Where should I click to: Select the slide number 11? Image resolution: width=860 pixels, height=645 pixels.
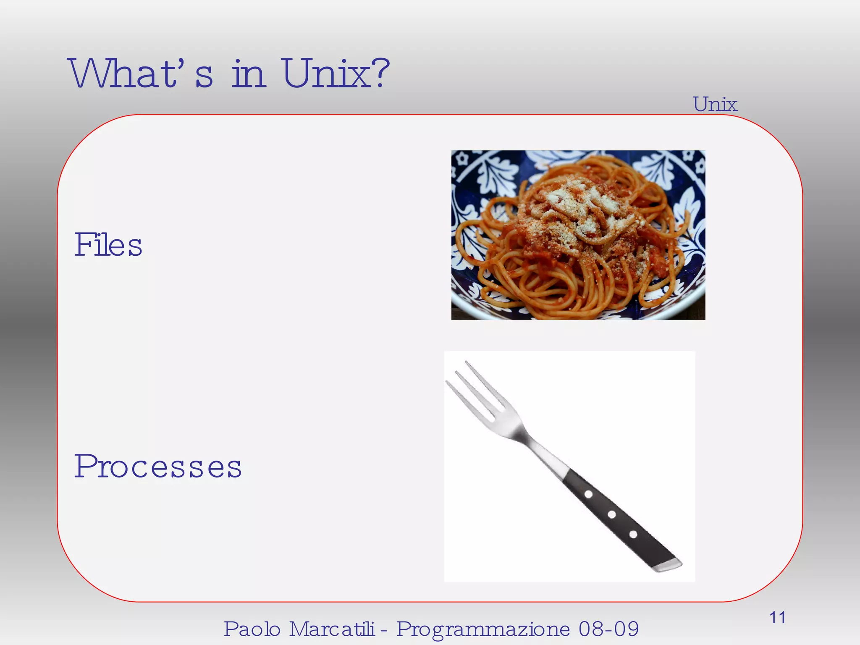point(777,617)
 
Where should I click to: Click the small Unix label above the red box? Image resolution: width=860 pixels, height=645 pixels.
point(715,104)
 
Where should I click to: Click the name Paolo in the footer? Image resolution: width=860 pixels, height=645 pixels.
point(252,629)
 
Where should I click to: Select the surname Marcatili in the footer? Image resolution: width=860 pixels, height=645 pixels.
point(332,629)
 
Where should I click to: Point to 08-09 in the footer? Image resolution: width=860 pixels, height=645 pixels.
point(608,629)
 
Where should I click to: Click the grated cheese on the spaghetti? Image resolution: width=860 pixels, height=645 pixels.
point(584,206)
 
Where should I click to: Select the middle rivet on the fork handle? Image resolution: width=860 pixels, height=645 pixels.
point(612,514)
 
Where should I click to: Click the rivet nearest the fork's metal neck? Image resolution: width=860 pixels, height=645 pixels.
point(589,494)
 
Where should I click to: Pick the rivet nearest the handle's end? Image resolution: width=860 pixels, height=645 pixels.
point(633,535)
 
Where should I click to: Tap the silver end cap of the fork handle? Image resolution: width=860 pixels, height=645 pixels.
point(669,565)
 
